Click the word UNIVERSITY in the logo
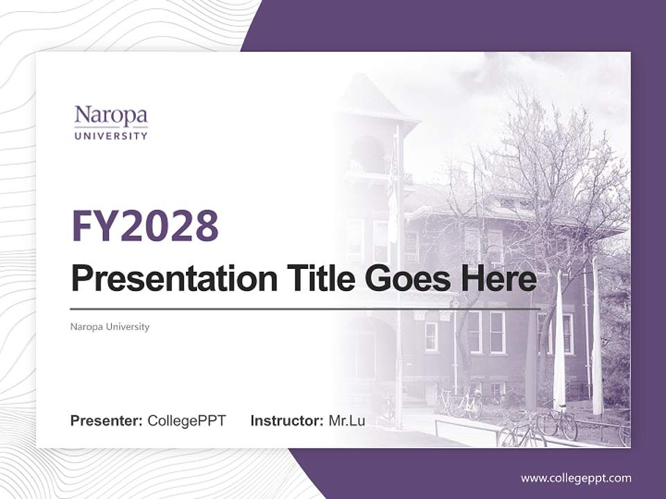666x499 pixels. tap(111, 136)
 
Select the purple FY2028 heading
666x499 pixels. tap(145, 226)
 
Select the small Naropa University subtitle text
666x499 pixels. tap(110, 326)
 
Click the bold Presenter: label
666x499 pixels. tap(106, 421)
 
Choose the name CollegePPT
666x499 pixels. tap(187, 421)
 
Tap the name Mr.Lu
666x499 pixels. tap(346, 421)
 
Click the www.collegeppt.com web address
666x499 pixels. tap(576, 478)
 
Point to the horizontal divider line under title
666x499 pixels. tap(305, 308)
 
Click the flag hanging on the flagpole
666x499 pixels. tap(393, 201)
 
